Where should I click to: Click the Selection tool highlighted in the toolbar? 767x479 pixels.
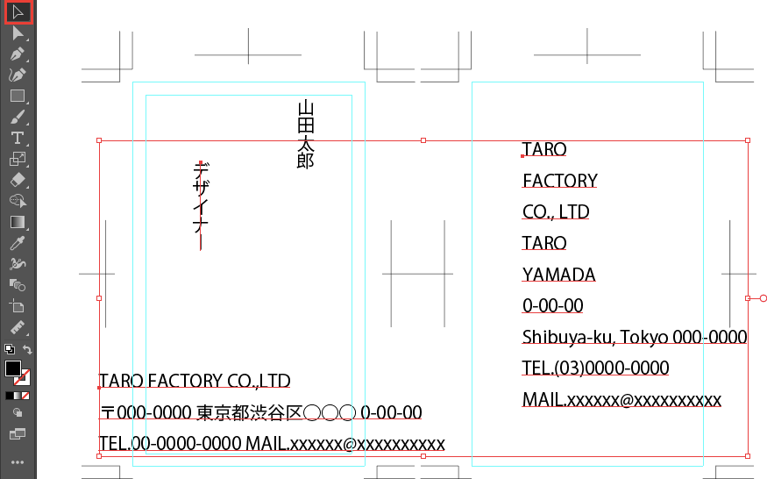tap(18, 11)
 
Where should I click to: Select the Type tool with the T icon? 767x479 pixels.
tap(17, 138)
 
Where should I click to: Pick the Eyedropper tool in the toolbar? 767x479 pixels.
tap(17, 243)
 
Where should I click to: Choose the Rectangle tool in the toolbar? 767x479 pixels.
tap(17, 96)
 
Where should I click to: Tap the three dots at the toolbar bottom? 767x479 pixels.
tap(17, 461)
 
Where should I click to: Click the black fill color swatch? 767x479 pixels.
tap(13, 368)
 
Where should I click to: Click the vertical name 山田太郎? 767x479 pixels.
tap(305, 134)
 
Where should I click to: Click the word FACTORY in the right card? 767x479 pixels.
tap(559, 181)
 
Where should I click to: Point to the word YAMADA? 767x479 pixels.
tap(558, 275)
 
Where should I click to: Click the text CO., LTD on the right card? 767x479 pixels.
tap(556, 212)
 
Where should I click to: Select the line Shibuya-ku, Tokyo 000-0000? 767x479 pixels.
tap(634, 337)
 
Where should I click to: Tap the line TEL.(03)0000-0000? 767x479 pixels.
tap(595, 368)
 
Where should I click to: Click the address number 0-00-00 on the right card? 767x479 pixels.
tap(552, 306)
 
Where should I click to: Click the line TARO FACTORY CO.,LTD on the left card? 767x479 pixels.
tap(195, 382)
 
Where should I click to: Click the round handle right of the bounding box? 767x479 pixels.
tap(763, 298)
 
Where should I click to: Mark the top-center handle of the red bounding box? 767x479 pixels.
tap(423, 140)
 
